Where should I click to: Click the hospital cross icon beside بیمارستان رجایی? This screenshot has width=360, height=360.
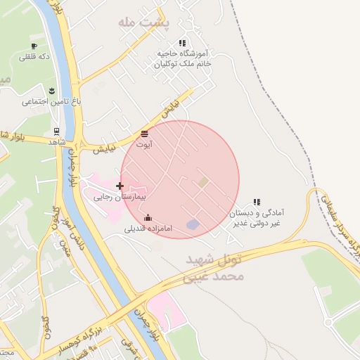click(x=120, y=186)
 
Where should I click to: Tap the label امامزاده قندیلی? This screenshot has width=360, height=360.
click(x=144, y=229)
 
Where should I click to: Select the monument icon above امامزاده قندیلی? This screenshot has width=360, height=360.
click(x=147, y=218)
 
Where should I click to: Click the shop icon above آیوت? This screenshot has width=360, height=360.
click(x=145, y=134)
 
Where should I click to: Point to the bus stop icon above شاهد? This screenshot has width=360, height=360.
click(x=56, y=131)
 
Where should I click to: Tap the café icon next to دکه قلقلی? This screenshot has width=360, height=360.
click(x=34, y=46)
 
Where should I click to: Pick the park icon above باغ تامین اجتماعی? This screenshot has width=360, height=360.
click(x=52, y=90)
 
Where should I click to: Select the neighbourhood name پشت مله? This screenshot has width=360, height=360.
click(x=145, y=23)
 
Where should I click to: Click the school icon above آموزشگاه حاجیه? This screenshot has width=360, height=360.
click(x=183, y=44)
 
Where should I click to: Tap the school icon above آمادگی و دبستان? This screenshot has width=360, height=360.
click(x=256, y=202)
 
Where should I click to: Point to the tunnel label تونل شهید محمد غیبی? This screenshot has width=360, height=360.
click(x=215, y=269)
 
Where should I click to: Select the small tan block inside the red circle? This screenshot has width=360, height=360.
click(x=203, y=182)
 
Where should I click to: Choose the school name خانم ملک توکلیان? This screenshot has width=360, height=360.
click(x=184, y=63)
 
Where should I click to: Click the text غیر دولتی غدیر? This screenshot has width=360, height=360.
click(x=257, y=222)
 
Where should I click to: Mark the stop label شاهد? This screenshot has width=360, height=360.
click(x=56, y=142)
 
